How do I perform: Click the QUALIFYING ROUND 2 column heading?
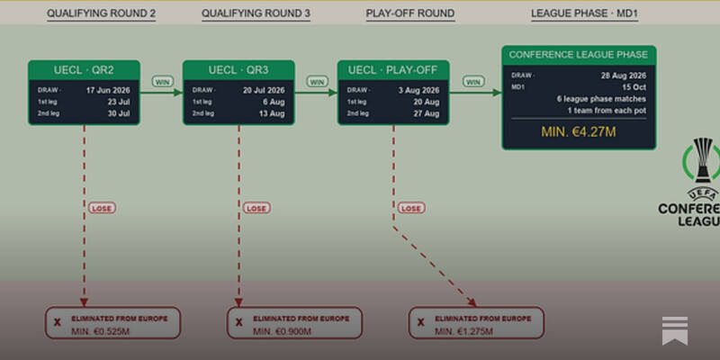101,13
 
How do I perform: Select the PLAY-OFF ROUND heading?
410,13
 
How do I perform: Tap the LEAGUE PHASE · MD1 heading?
584,13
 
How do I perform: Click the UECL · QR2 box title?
84,70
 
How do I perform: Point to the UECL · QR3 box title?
238,70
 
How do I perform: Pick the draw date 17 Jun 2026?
108,90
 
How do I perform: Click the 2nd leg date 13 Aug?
272,113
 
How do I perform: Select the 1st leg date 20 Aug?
426,102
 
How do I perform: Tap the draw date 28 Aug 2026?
624,76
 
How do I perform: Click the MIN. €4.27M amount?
579,132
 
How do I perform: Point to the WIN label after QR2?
163,82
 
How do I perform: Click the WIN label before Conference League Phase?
473,82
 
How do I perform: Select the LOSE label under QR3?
256,208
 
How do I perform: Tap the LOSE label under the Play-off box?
411,208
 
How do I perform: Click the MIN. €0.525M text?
101,331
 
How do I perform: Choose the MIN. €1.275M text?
464,331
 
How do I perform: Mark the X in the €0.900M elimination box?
238,323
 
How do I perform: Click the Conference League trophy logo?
702,161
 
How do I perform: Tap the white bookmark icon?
674,330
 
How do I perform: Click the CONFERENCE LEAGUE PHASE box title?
579,55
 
